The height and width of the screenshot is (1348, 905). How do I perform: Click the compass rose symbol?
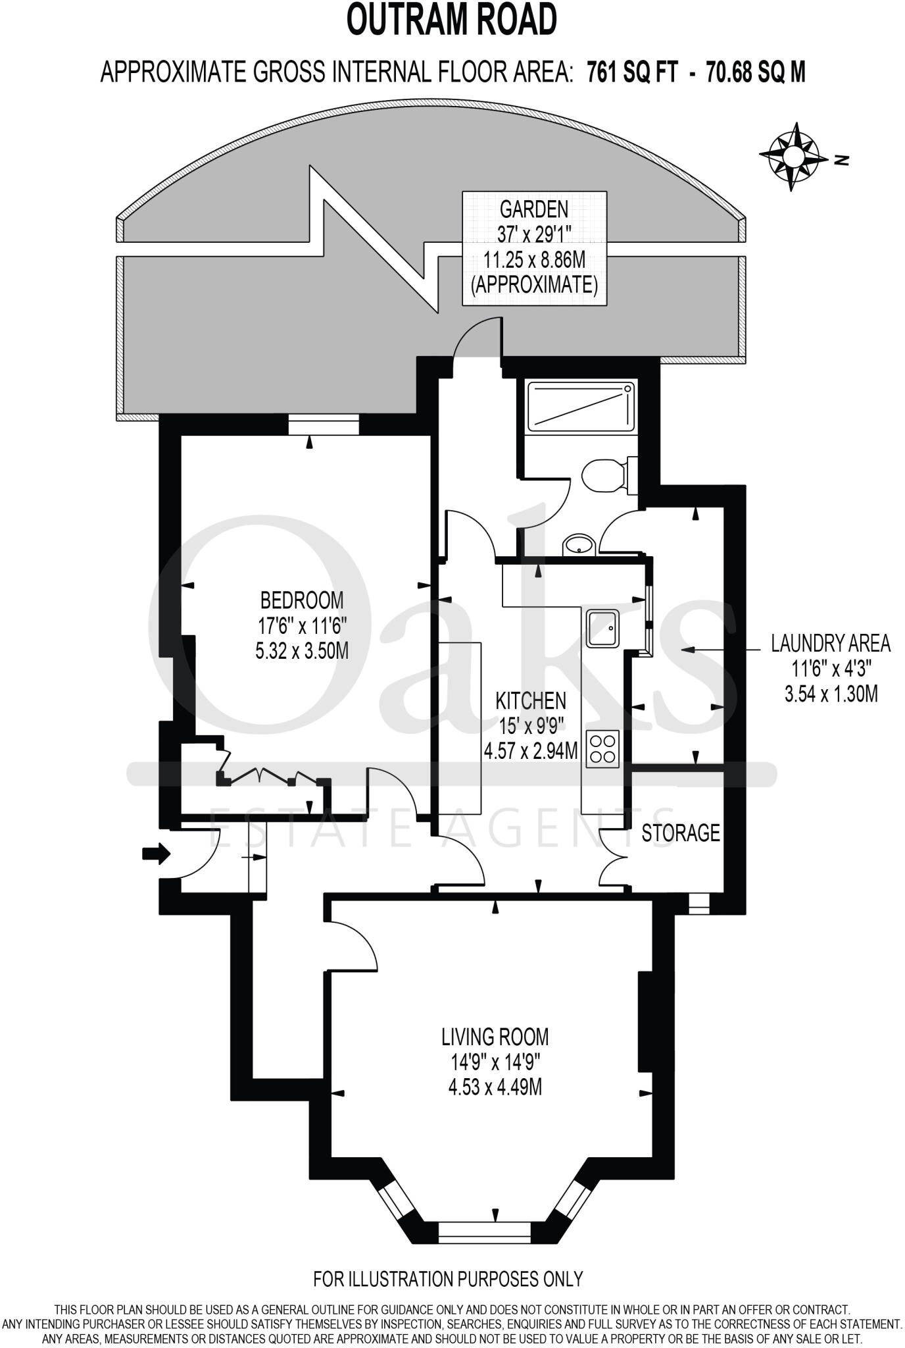(x=794, y=157)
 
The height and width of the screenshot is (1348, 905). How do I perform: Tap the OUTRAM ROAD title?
(x=452, y=20)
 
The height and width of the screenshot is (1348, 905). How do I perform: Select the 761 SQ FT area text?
(x=631, y=71)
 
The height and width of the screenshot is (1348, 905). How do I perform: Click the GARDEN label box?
(x=534, y=248)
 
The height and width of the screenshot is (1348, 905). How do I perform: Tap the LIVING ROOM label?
(x=495, y=1037)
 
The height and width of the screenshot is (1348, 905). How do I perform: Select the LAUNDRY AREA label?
(x=831, y=643)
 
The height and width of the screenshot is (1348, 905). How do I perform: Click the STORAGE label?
(x=680, y=833)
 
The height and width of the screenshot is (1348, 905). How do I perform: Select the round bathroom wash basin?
(x=579, y=544)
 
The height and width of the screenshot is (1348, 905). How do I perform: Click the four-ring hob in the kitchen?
(x=602, y=749)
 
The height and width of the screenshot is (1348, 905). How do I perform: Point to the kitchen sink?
(x=602, y=627)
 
